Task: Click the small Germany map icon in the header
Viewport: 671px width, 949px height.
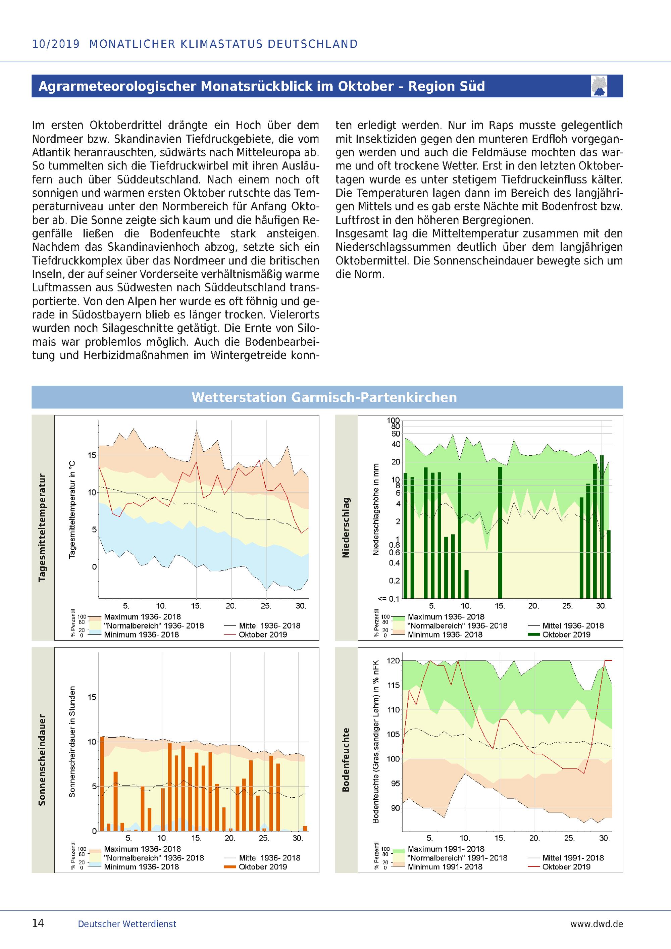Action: tap(599, 86)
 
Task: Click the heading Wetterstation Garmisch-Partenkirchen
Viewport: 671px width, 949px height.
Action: tap(324, 397)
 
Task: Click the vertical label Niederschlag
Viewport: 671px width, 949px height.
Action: tap(346, 528)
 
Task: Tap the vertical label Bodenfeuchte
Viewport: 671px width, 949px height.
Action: tap(346, 760)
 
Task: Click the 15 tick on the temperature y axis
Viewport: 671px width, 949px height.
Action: tap(91, 455)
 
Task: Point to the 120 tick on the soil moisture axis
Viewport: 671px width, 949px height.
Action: tap(393, 661)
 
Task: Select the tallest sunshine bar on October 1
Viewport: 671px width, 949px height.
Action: tap(102, 784)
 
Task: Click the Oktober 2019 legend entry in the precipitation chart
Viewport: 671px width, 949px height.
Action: tap(566, 635)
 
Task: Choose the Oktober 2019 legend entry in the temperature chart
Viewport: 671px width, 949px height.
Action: tap(262, 635)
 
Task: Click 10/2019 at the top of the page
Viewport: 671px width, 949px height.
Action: tap(56, 44)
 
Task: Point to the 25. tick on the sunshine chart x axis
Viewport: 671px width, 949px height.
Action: tap(264, 838)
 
